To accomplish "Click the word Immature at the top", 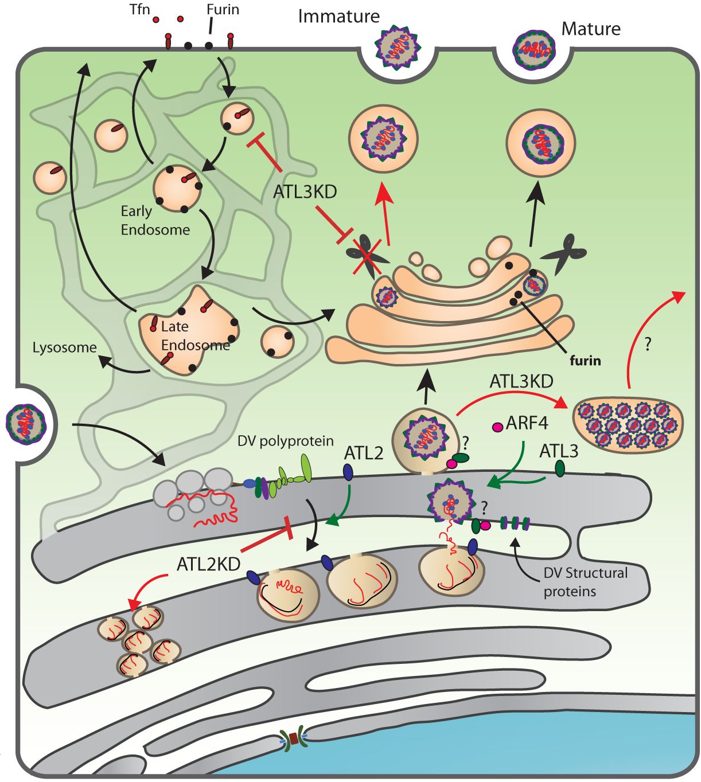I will point(338,17).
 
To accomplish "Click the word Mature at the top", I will point(590,28).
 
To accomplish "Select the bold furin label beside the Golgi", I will point(585,361).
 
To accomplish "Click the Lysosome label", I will point(64,347).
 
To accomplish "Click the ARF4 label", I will point(527,424).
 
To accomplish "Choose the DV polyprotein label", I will point(285,441).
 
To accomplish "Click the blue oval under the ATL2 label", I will point(348,472).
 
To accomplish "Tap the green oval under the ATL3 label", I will point(559,470).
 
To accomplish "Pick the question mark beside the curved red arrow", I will point(648,345).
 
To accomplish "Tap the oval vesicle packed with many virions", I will point(629,422).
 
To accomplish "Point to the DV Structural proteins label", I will point(585,581).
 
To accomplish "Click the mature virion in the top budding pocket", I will point(533,50).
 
